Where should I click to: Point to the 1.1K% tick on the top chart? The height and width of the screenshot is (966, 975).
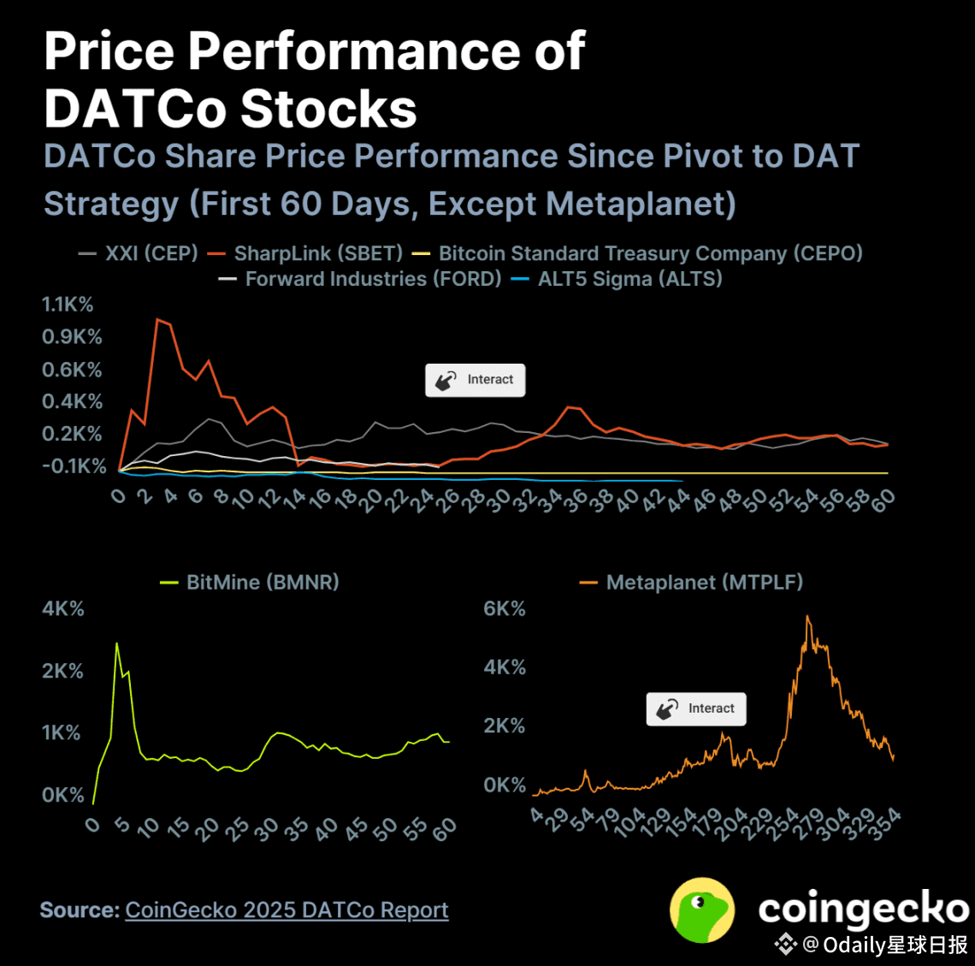(x=68, y=305)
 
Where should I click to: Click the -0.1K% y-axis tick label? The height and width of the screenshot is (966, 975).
(x=74, y=466)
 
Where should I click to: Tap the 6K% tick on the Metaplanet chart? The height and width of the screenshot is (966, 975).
(x=505, y=609)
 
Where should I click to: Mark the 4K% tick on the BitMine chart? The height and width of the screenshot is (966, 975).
(x=63, y=609)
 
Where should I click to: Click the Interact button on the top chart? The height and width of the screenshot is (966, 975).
(x=476, y=380)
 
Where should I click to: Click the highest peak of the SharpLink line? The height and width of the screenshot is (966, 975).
(x=157, y=319)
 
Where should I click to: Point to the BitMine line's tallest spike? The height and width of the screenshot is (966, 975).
(x=116, y=643)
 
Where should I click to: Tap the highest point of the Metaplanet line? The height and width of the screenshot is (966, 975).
(x=807, y=615)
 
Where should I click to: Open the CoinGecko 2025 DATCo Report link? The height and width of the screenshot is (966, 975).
(x=287, y=910)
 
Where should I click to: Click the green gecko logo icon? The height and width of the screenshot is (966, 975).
(x=701, y=910)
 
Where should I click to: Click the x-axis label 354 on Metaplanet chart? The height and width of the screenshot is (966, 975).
(x=886, y=821)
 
